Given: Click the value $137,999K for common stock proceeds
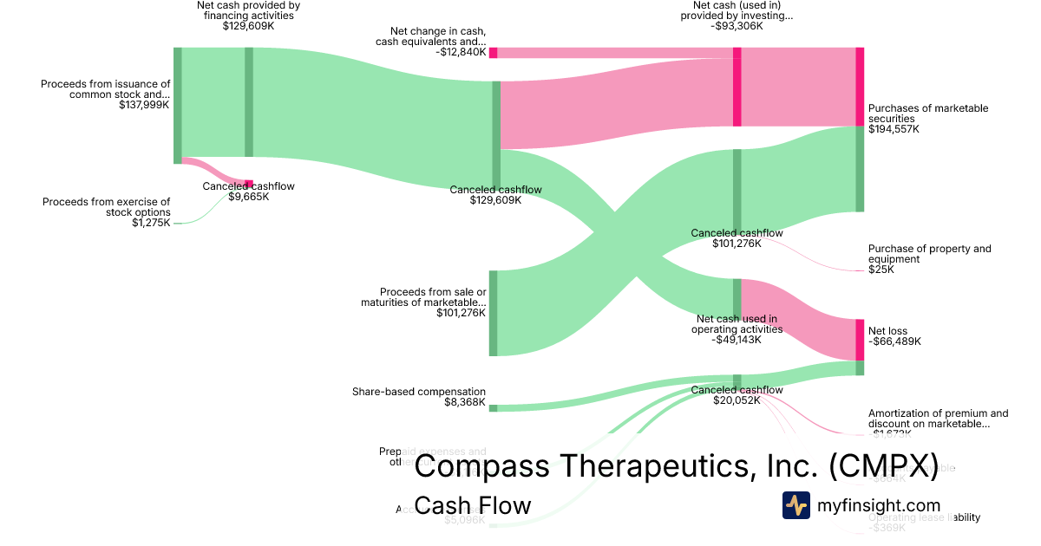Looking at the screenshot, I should pos(145,105).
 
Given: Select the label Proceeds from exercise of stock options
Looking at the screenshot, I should pos(107,207).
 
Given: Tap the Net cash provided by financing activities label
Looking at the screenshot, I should pos(248,10).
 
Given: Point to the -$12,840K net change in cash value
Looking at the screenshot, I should pos(461,52).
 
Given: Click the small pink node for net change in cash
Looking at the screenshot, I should pos(493,53).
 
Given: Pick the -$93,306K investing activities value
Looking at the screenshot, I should pos(737,26).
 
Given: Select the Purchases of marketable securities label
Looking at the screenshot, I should pos(927,114).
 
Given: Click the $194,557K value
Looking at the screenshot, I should pos(894,129).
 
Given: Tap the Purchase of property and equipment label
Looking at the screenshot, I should pos(929,254).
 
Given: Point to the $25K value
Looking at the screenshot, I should pos(881,270).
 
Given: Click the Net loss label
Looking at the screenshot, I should pos(887,331).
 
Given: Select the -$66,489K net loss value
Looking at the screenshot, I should pos(894,341).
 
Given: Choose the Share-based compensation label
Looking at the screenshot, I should pos(419,392).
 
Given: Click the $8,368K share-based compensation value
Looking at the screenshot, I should pos(464,402).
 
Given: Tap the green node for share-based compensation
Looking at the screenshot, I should pos(493,408).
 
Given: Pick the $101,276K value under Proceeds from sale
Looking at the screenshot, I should pos(462,313).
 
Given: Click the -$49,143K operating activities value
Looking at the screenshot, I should pos(737,340).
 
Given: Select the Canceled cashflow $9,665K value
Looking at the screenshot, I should pos(249,197).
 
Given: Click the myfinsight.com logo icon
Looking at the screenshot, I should pos(795,505).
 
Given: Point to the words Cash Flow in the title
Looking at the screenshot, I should pos(473,505).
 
